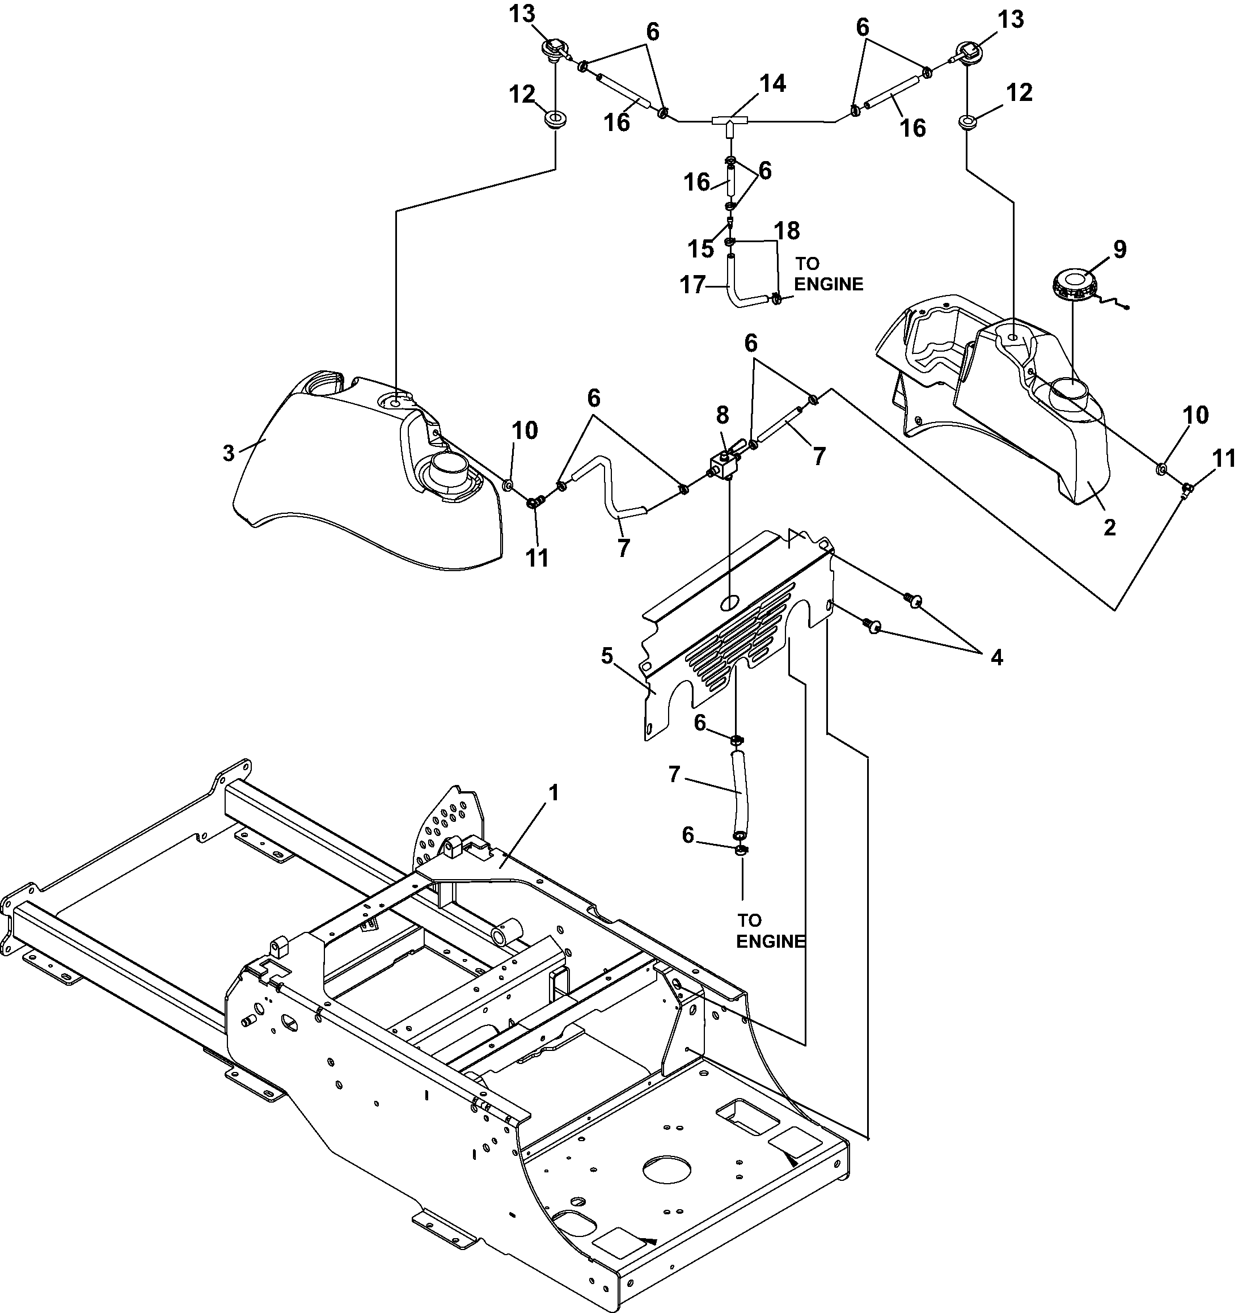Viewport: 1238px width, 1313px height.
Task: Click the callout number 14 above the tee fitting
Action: (x=772, y=84)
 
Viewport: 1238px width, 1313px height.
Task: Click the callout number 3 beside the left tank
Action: (x=229, y=454)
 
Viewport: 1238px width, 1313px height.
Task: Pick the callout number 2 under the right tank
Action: (x=1110, y=527)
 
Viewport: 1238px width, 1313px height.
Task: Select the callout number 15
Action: (x=700, y=249)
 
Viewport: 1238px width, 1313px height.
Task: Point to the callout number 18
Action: (x=787, y=230)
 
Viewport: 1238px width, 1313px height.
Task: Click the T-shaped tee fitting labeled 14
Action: (x=729, y=124)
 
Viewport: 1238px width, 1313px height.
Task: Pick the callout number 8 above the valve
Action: (x=722, y=415)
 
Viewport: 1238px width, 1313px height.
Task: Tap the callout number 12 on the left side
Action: (x=522, y=95)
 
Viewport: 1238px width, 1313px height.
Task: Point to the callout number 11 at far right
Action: (x=1223, y=458)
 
